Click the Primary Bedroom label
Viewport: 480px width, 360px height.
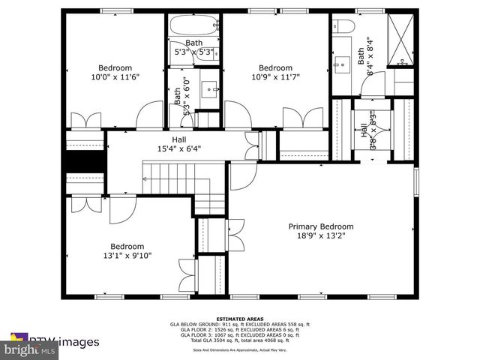pyautogui.click(x=321, y=226)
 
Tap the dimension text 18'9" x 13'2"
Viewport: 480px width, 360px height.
pyautogui.click(x=321, y=235)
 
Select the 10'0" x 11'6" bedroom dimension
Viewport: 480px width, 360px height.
pyautogui.click(x=115, y=76)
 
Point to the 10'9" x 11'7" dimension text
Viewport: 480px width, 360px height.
pyautogui.click(x=275, y=76)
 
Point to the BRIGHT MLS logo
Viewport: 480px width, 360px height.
pyautogui.click(x=29, y=349)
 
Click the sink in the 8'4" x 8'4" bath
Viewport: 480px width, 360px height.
pyautogui.click(x=344, y=64)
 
